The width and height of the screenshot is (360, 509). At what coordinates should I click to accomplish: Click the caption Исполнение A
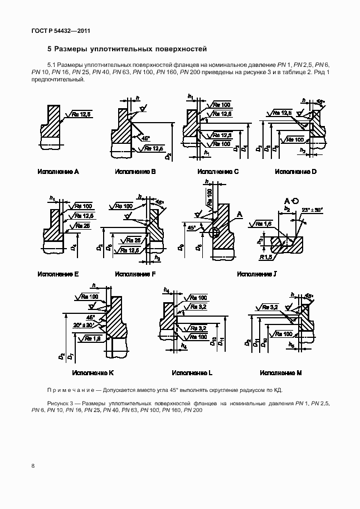(58, 172)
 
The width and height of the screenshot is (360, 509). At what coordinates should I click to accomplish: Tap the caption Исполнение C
(218, 172)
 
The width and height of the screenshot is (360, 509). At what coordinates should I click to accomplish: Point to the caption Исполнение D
(295, 172)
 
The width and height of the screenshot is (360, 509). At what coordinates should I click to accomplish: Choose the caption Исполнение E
(58, 274)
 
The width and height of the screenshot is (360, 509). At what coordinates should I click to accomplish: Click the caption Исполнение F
(135, 274)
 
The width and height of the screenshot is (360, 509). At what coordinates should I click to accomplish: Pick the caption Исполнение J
(257, 274)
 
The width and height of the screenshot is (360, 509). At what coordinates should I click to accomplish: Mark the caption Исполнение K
(93, 372)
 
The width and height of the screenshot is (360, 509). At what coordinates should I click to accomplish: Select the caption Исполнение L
(192, 372)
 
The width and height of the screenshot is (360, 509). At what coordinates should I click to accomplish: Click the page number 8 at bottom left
(33, 466)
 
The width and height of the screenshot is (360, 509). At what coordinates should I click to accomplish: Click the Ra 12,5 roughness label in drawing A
(81, 114)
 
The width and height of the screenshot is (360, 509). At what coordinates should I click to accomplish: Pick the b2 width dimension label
(287, 209)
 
